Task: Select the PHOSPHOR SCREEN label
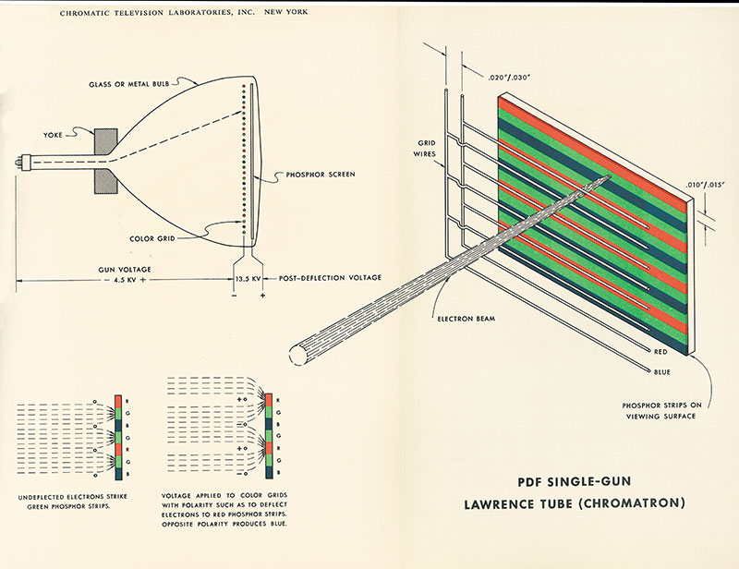311,174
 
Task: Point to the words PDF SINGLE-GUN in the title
578,481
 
